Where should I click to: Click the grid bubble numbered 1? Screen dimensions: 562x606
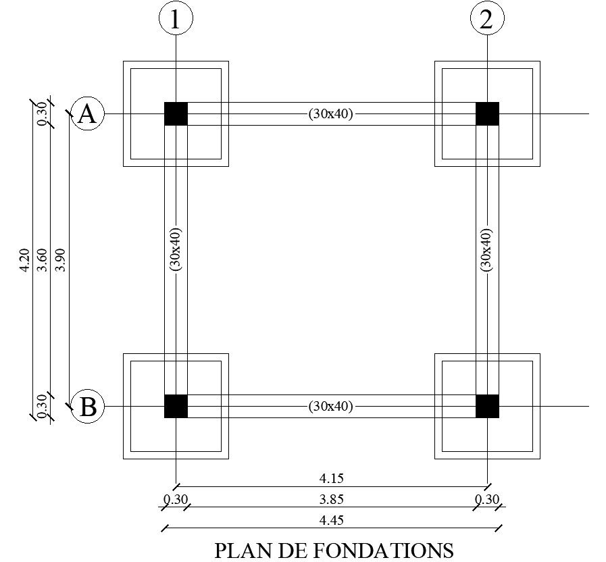coord(176,20)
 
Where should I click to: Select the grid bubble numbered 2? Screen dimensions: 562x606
coord(487,20)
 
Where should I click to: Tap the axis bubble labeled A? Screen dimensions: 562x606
coord(87,114)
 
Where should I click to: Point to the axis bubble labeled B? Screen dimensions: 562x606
coord(88,407)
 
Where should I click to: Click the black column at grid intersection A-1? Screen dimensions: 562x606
coord(176,114)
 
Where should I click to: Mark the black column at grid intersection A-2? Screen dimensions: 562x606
coord(487,114)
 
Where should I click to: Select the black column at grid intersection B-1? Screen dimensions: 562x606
coord(176,406)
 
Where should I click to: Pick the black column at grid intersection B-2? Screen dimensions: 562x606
coord(487,406)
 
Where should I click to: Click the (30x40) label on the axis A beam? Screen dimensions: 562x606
coord(331,114)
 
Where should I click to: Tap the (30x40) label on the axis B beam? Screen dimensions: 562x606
coord(331,407)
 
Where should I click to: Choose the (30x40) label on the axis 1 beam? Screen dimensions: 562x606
coord(176,249)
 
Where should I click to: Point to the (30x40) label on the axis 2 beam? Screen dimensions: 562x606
coord(486,249)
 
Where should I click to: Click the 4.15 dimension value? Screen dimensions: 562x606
coord(331,478)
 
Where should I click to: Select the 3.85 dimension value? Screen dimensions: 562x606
coord(331,500)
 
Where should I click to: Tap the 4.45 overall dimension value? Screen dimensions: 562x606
coord(331,521)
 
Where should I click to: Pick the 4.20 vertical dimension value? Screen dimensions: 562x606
coord(24,260)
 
